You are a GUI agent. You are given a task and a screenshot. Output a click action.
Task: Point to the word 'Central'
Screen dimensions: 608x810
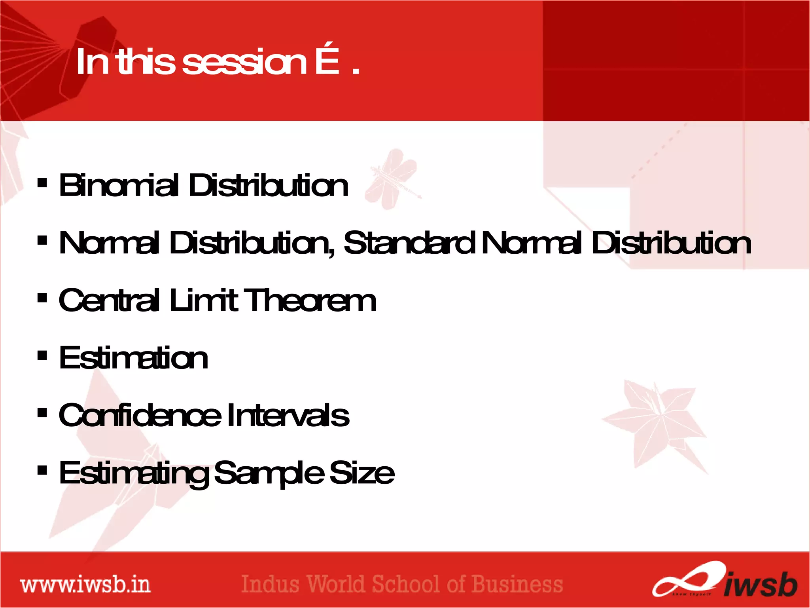coord(109,300)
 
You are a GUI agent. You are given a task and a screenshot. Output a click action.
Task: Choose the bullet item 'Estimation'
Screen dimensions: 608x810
coord(133,358)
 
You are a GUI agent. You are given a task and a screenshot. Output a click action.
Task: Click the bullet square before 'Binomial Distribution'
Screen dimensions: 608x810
coord(42,183)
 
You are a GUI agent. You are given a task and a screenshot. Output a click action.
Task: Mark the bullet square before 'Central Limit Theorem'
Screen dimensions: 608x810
coord(42,298)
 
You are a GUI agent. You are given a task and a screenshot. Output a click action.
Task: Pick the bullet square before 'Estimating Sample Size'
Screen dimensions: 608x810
coord(42,470)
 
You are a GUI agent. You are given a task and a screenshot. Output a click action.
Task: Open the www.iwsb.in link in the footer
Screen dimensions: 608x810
coord(85,585)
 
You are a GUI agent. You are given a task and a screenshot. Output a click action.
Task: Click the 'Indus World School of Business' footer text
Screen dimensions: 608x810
coord(402,585)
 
